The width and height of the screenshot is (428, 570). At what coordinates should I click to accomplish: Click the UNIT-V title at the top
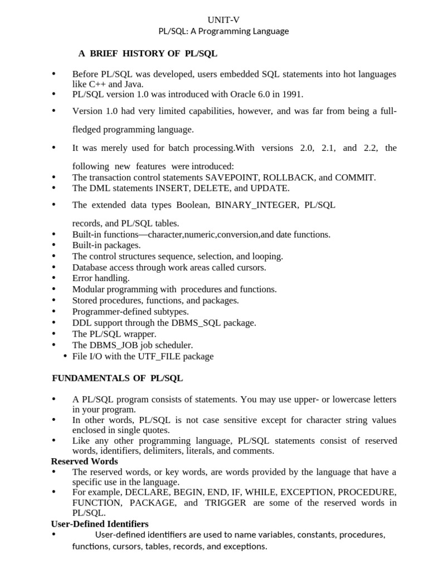click(223, 19)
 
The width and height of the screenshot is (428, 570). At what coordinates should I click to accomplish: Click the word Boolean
click(192, 205)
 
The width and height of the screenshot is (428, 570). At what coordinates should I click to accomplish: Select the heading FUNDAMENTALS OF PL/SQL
click(118, 379)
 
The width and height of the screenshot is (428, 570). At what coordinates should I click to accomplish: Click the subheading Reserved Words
click(84, 461)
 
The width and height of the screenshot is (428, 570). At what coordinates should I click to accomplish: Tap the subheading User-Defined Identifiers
click(100, 524)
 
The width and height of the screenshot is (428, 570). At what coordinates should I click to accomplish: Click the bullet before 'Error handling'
click(53, 278)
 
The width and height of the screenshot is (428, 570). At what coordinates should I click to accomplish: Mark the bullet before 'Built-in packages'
click(53, 244)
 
